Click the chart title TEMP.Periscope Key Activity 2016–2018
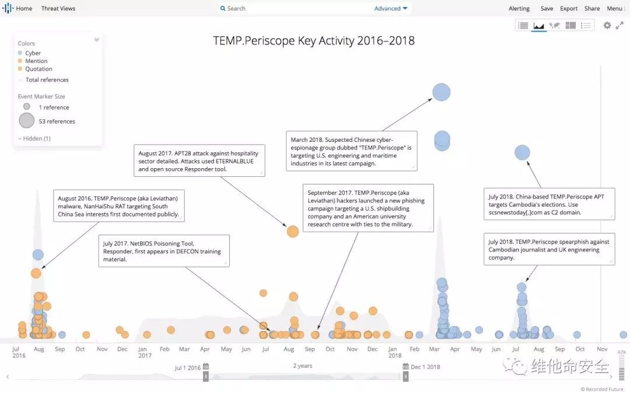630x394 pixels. pyautogui.click(x=314, y=41)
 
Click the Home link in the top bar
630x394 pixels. pyautogui.click(x=24, y=9)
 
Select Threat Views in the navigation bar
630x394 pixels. pyautogui.click(x=58, y=9)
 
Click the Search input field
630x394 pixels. pyautogui.click(x=292, y=9)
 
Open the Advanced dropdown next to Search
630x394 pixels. pyautogui.click(x=391, y=9)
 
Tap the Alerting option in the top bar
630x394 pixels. pyautogui.click(x=519, y=9)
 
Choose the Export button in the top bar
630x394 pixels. pyautogui.click(x=569, y=9)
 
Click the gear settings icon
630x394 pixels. pyautogui.click(x=607, y=26)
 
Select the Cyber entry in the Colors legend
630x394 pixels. pyautogui.click(x=33, y=53)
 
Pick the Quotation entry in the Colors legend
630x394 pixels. pyautogui.click(x=38, y=69)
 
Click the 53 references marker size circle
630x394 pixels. pyautogui.click(x=27, y=121)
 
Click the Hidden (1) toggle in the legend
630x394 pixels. pyautogui.click(x=34, y=138)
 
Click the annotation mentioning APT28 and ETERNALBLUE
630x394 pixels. pyautogui.click(x=199, y=161)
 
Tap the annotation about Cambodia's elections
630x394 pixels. pyautogui.click(x=549, y=204)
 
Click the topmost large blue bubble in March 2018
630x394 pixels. pyautogui.click(x=442, y=92)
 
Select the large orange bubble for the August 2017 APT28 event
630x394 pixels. pyautogui.click(x=293, y=231)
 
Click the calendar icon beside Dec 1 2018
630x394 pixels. pyautogui.click(x=405, y=367)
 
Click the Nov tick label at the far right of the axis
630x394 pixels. pyautogui.click(x=602, y=349)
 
